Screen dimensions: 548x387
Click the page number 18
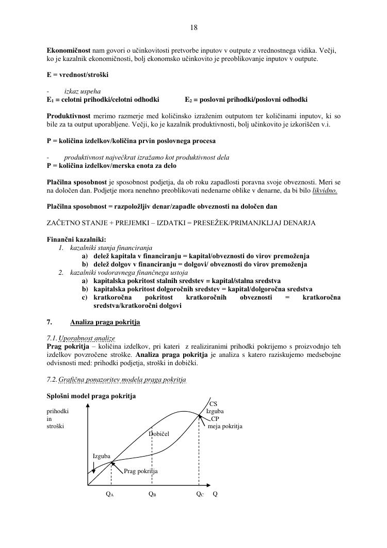tap(193, 27)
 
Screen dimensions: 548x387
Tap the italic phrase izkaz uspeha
tap(82, 91)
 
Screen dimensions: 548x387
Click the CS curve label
tap(213, 404)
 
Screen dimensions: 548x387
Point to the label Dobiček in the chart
tap(159, 434)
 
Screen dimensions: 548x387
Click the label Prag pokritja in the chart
tap(141, 471)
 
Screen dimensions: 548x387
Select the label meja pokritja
tap(225, 426)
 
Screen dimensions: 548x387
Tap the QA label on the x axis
tap(109, 494)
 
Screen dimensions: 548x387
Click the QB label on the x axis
tap(152, 494)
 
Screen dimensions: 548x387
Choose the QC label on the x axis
tap(200, 494)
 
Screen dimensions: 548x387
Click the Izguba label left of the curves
tap(101, 457)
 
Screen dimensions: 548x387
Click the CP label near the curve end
tap(215, 419)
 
